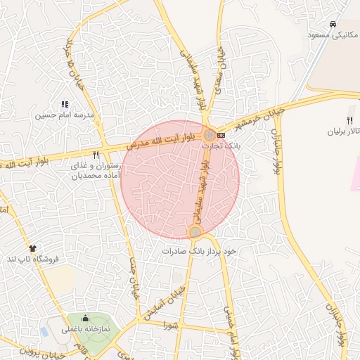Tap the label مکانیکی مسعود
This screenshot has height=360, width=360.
click(x=333, y=34)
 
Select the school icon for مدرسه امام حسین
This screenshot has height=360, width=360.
click(x=65, y=104)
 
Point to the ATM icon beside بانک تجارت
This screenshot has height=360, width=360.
click(x=222, y=134)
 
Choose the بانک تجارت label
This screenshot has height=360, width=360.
click(x=221, y=146)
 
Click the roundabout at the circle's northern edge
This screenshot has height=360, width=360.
click(x=210, y=134)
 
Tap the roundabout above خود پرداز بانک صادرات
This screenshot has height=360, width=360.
click(x=195, y=231)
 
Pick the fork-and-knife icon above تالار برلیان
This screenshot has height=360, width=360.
click(x=349, y=120)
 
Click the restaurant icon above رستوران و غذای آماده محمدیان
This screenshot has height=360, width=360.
click(x=96, y=154)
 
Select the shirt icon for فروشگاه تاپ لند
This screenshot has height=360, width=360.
click(x=32, y=248)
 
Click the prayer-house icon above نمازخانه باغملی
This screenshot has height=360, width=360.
click(x=86, y=318)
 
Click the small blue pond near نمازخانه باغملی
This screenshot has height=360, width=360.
click(x=45, y=330)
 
